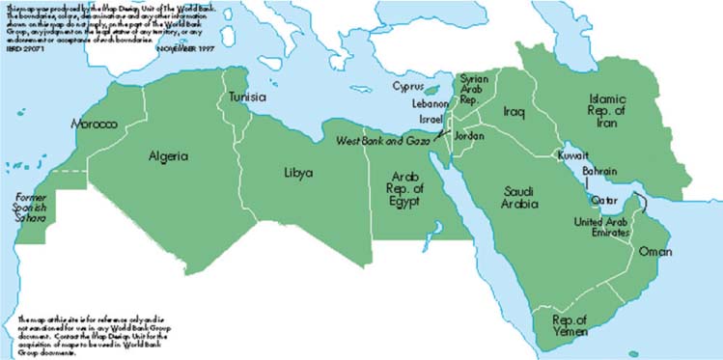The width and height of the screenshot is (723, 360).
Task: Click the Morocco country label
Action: [93, 125]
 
